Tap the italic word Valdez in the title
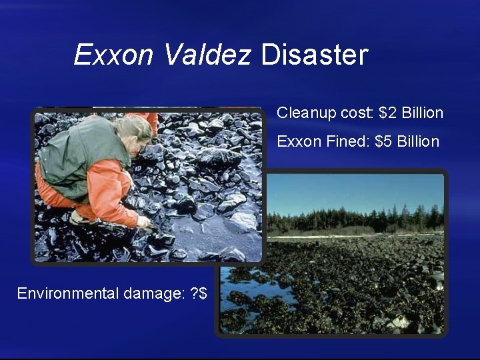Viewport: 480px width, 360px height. (207, 55)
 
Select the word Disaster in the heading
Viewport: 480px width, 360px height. (314, 55)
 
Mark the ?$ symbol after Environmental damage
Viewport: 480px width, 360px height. (199, 294)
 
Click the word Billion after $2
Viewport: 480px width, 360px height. (422, 113)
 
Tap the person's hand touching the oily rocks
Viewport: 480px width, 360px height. (143, 221)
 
